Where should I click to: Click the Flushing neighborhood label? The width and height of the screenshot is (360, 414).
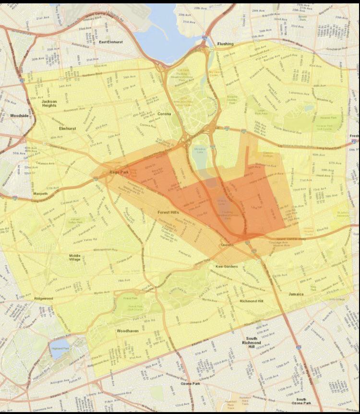pos(225,44)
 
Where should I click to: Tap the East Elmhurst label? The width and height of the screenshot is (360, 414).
pos(111,42)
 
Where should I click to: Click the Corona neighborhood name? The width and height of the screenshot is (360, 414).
pos(164,114)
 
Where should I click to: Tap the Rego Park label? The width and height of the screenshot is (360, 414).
pos(117,171)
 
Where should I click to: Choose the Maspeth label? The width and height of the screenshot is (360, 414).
pos(40,194)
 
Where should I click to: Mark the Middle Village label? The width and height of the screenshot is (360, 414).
pos(78,258)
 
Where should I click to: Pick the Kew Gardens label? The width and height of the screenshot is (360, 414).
pos(227,266)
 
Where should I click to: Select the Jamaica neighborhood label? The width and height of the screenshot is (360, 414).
pos(296,294)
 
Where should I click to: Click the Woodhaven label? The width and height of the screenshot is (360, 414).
pos(128,331)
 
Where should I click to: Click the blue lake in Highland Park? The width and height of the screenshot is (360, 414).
pos(60,352)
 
